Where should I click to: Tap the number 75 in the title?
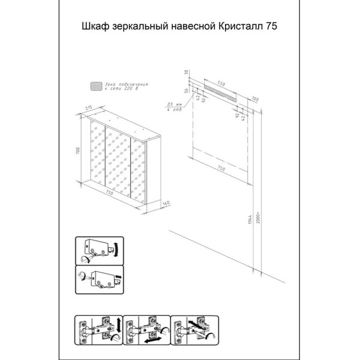click(x=274, y=26)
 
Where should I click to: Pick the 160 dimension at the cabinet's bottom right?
click(x=166, y=203)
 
